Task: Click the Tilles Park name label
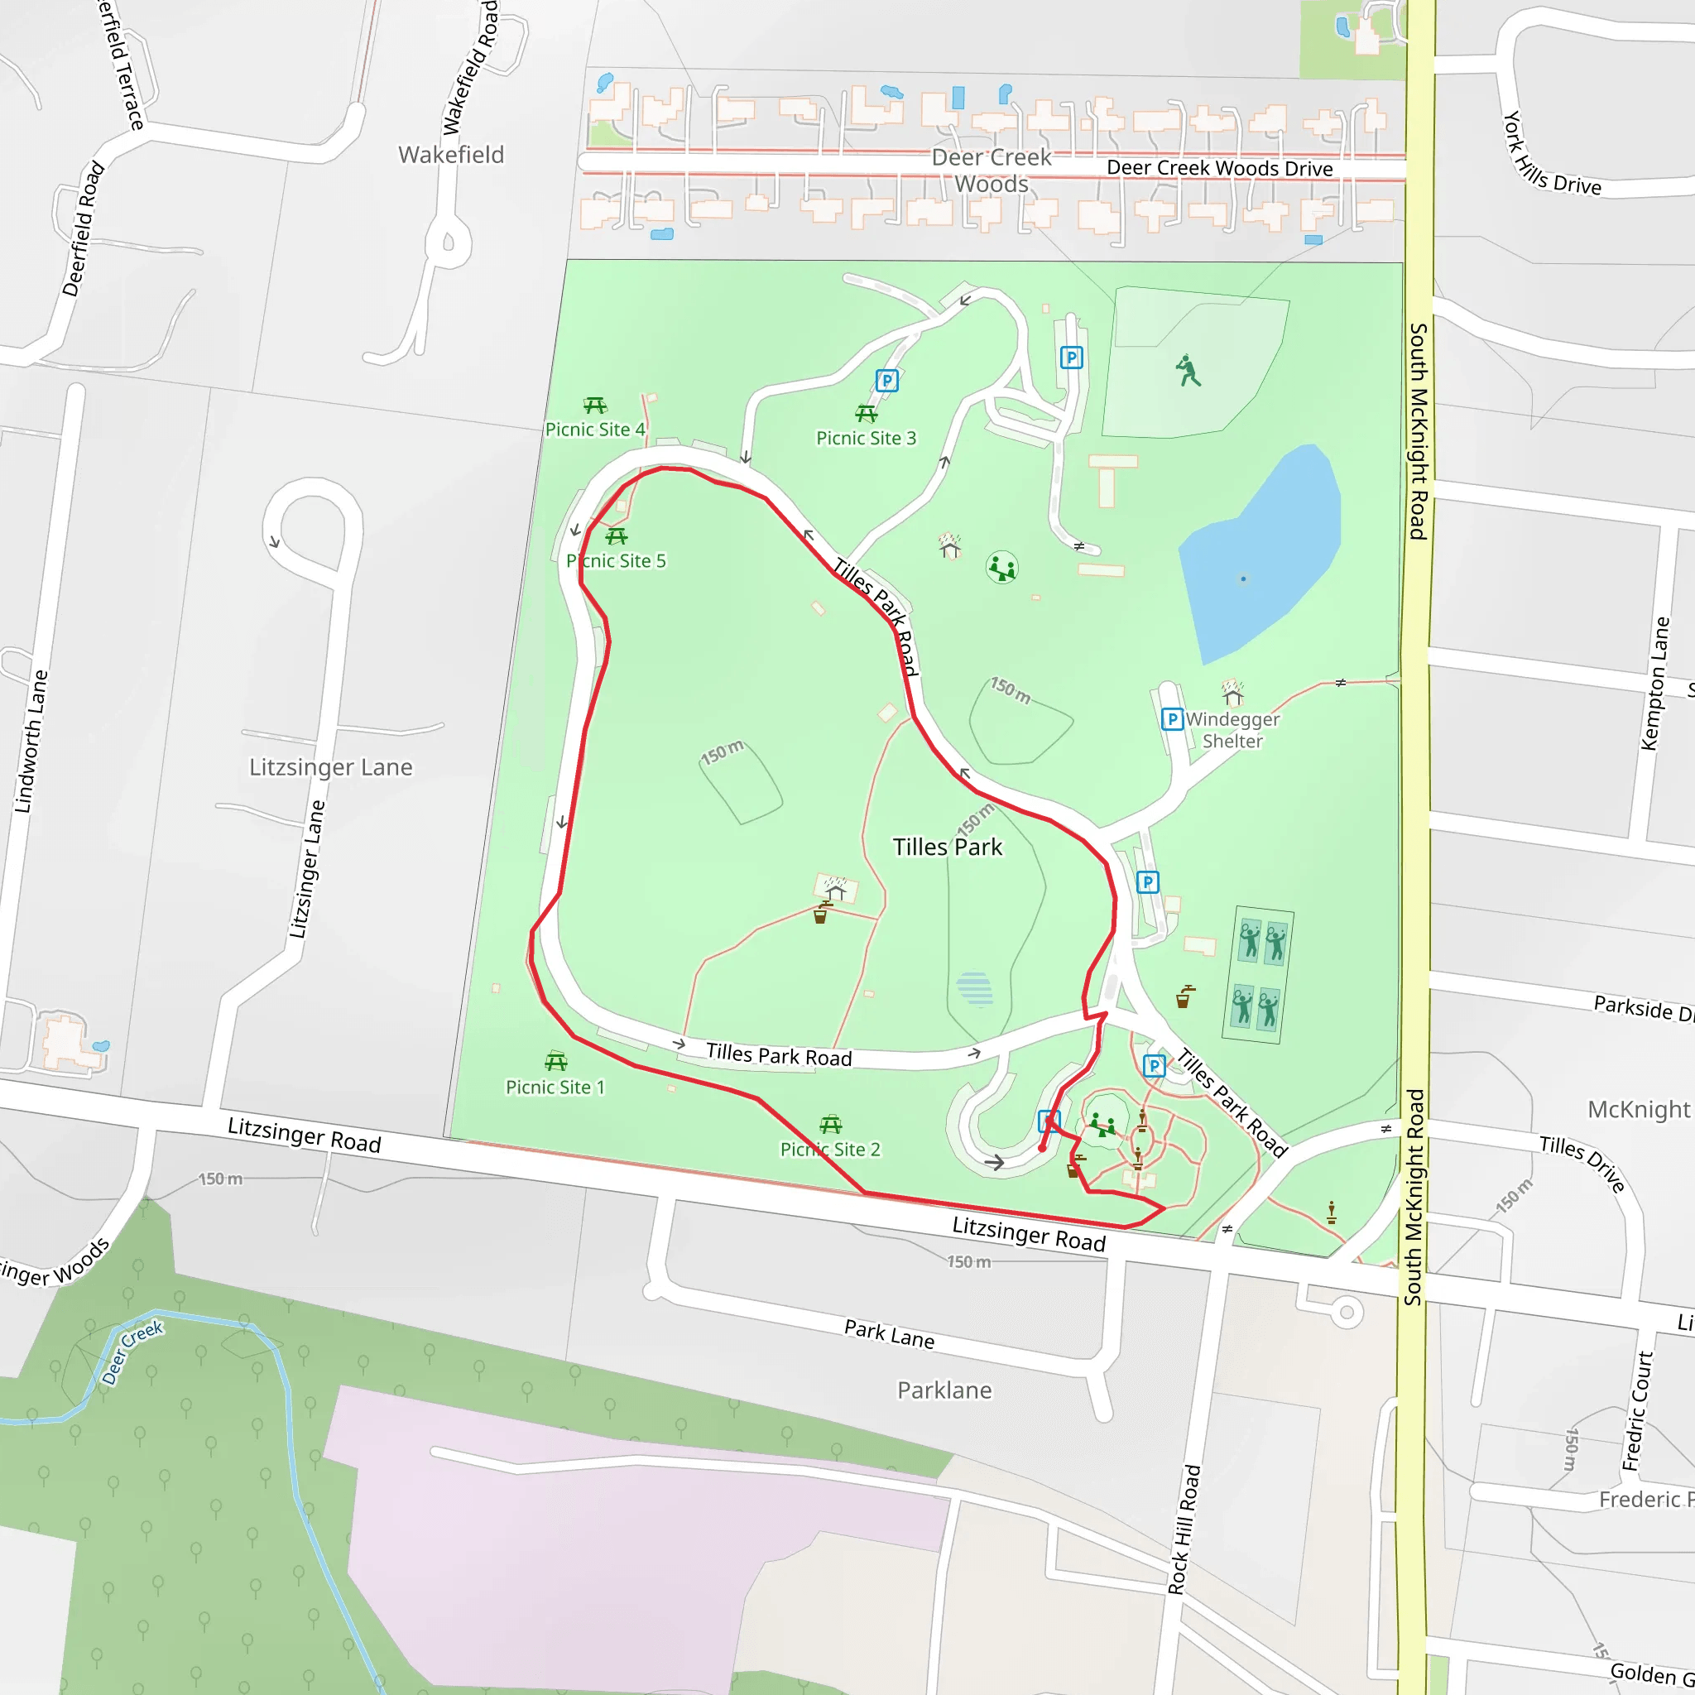point(947,847)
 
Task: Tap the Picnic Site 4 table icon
point(595,406)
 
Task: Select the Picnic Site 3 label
point(865,438)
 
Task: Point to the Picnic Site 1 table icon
point(555,1062)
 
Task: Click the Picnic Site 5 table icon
point(616,536)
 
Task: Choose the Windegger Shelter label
point(1232,729)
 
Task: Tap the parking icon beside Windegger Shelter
point(1171,719)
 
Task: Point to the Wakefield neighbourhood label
point(451,155)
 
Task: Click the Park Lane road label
point(889,1333)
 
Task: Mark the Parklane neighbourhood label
point(944,1390)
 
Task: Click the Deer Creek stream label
point(132,1352)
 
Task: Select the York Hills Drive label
point(1550,156)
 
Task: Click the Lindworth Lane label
point(31,742)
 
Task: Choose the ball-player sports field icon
point(1188,370)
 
